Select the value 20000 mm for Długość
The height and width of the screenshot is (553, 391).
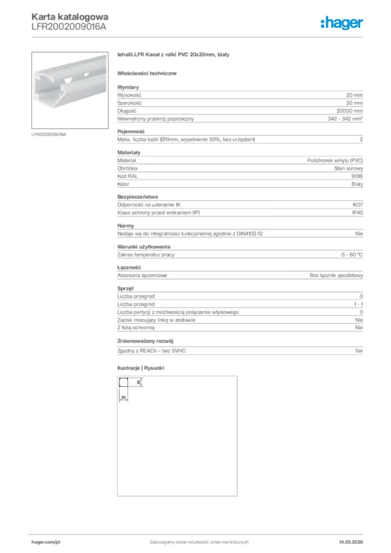pos(350,110)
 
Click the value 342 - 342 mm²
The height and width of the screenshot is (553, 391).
pos(345,118)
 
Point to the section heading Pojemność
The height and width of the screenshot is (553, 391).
pos(130,132)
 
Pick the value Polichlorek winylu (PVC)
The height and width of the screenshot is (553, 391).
pos(335,160)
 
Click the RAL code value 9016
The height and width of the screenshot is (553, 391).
pos(357,176)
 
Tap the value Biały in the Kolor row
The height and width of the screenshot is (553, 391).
pos(356,184)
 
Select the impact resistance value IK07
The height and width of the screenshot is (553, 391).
pos(357,205)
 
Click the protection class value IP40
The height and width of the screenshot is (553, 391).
pos(357,213)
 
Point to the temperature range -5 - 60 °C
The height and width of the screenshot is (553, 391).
pos(348,254)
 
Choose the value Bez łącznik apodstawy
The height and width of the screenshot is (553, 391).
pos(336,275)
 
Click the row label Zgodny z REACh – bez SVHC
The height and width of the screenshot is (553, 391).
pos(155,351)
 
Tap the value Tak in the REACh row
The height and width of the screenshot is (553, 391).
pos(359,351)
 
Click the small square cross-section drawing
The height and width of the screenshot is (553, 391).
pos(123,383)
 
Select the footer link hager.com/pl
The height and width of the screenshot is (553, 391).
pos(45,542)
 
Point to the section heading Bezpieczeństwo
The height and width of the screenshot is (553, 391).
pos(138,197)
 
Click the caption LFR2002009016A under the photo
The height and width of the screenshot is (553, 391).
pos(49,134)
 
